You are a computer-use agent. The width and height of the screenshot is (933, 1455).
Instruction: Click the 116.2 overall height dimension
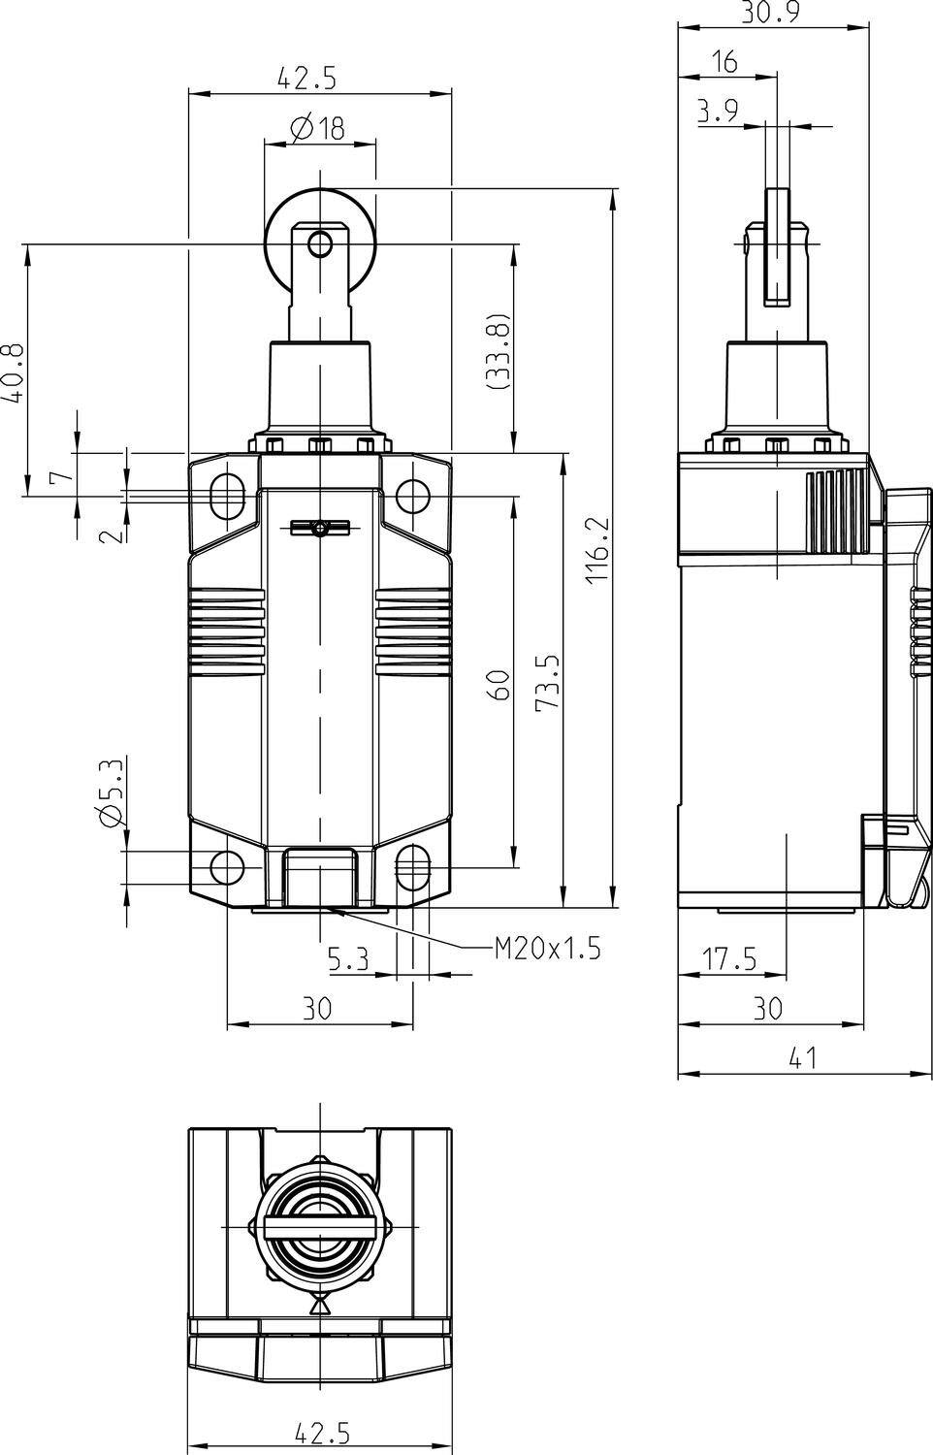[x=597, y=550]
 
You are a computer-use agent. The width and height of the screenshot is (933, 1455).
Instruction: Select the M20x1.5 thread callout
[x=548, y=949]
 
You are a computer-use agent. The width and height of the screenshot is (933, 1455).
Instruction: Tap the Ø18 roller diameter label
[x=317, y=128]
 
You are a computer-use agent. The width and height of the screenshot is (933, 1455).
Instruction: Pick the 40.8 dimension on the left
[x=14, y=372]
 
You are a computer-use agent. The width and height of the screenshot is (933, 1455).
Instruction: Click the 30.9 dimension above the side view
[x=770, y=13]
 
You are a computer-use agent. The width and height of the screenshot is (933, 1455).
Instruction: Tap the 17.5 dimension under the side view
[x=730, y=958]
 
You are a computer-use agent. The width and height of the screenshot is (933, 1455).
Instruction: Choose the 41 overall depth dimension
[x=803, y=1059]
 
